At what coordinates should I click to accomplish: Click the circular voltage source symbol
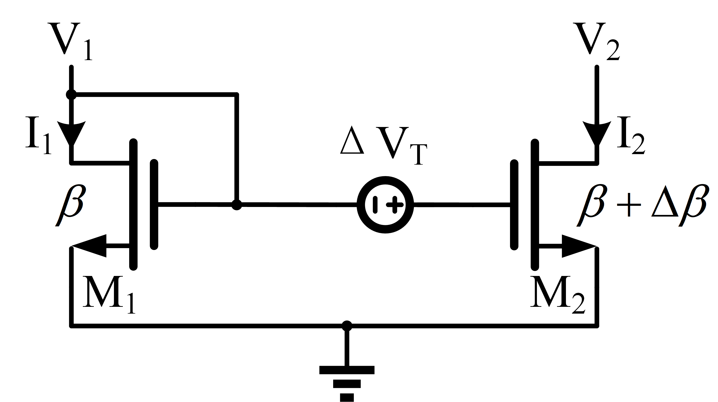click(385, 205)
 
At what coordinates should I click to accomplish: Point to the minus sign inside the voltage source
click(375, 205)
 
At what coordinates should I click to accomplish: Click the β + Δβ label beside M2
click(641, 205)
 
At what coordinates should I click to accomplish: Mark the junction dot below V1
click(71, 94)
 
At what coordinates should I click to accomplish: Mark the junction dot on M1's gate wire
click(237, 205)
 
